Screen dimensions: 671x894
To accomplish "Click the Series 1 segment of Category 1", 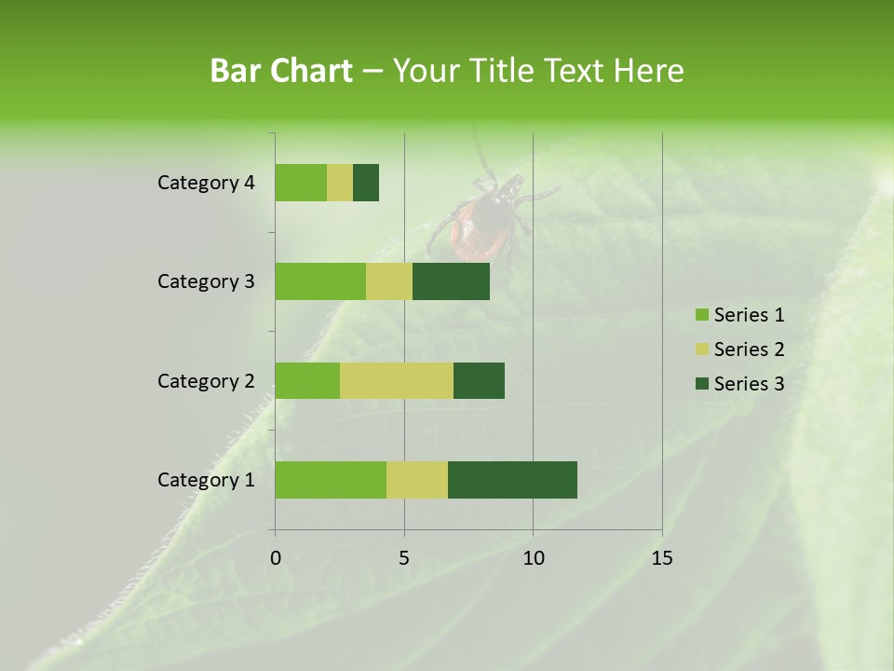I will coord(331,480).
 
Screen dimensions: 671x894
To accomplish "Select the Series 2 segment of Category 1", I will coord(417,480).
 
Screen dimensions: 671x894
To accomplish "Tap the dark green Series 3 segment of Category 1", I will coord(512,480).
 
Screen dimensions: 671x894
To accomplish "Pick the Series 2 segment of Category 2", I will coord(397,380).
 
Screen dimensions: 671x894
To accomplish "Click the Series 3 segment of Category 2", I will coord(479,380).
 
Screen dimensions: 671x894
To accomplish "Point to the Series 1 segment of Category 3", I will coord(320,281).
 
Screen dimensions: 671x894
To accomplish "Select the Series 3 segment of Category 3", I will coord(451,281).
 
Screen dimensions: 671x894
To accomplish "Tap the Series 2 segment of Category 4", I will coord(340,183).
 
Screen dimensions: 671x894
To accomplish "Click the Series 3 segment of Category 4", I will coord(366,183).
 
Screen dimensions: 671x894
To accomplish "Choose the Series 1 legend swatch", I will coord(701,315).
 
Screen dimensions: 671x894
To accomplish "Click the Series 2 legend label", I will coord(749,349).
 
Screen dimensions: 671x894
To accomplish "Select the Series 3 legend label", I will coord(749,384).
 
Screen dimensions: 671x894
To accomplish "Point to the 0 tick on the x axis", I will coord(276,558).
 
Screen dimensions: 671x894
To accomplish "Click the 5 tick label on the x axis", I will coord(404,558).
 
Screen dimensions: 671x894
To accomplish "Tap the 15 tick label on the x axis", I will coord(662,558).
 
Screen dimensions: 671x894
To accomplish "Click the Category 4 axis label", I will coord(206,183).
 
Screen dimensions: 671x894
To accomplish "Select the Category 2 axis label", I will coord(206,380).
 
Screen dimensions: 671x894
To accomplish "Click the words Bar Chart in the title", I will coord(281,71).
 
